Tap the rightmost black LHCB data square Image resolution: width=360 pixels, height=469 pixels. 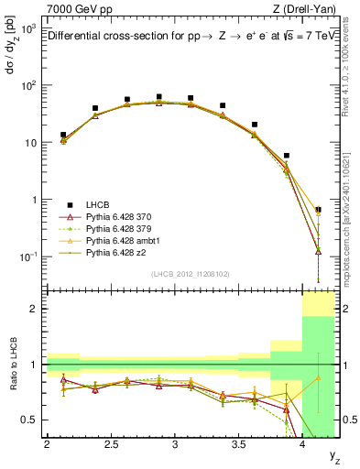pyautogui.click(x=318, y=210)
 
